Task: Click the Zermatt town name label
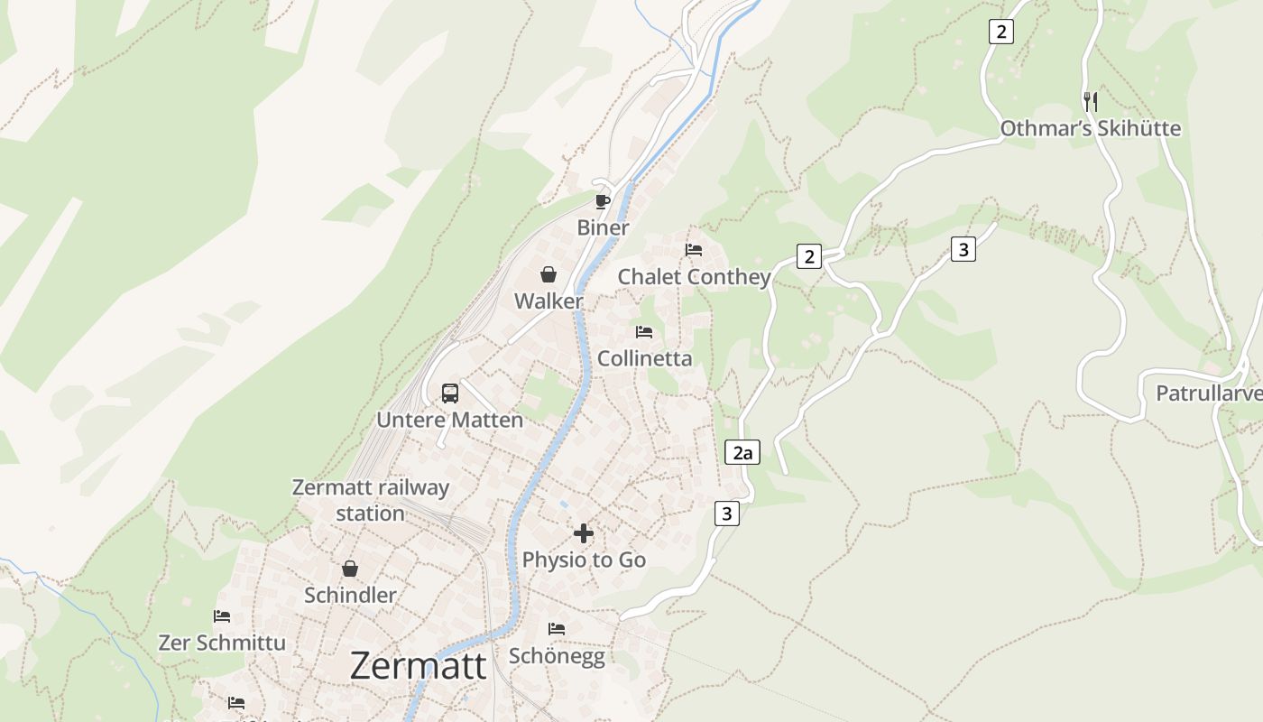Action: tap(418, 666)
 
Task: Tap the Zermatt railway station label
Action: tap(371, 500)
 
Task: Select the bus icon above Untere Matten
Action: tap(450, 393)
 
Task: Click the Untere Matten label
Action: tap(449, 420)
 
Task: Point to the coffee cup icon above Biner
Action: tap(603, 201)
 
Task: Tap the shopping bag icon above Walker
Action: tap(549, 274)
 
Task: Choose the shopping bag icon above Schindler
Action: tap(350, 569)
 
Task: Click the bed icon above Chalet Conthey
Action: tap(694, 250)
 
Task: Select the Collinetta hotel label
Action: tap(645, 358)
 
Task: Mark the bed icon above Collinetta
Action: tap(644, 332)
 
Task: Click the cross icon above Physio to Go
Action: tap(584, 533)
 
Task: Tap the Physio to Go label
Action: tap(584, 560)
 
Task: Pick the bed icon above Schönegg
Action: tap(557, 628)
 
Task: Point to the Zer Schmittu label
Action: tap(222, 643)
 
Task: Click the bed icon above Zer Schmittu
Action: tap(222, 616)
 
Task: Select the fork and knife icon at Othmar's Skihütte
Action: tap(1090, 101)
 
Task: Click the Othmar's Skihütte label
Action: tap(1090, 128)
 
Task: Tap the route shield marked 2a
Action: tap(742, 452)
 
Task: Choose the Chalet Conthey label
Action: tap(694, 276)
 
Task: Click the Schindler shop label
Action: tap(350, 595)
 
